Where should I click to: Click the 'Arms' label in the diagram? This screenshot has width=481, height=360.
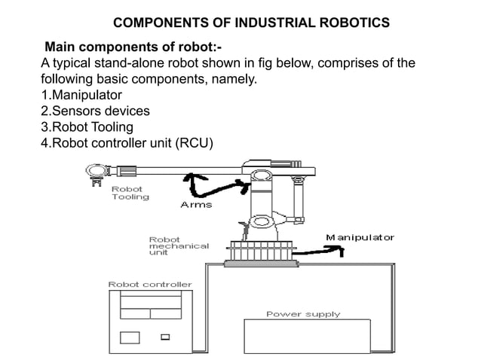pos(196,204)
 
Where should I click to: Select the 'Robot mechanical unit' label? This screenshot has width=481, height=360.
pos(179,246)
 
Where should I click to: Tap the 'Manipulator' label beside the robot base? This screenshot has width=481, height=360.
pos(360,238)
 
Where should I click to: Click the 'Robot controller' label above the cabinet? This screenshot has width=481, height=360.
pos(150,285)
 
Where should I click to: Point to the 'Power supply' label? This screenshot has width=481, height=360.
pos(303,313)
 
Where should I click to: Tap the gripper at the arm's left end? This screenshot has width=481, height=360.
pos(96,172)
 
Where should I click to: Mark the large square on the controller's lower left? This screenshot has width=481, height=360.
pos(130,337)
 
